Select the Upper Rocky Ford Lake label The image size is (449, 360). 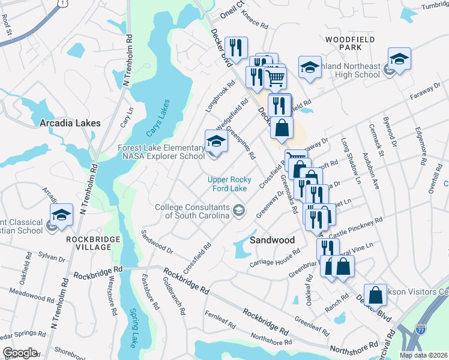[x=228, y=184]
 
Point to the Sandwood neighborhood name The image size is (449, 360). [x=272, y=240]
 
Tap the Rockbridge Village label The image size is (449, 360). [x=93, y=244]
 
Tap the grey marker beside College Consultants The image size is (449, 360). [x=240, y=209]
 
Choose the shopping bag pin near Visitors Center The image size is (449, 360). [x=375, y=296]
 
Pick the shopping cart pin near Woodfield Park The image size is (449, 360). [x=275, y=77]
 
